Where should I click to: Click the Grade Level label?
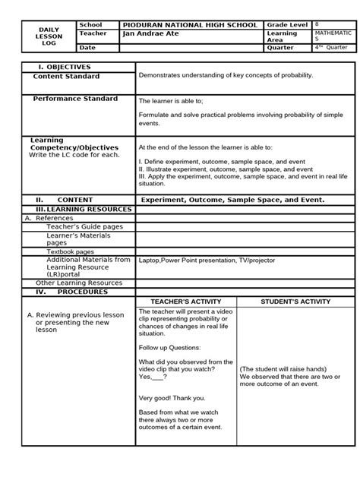(x=286, y=25)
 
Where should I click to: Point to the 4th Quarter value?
(x=332, y=47)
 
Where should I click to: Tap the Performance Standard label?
(x=75, y=99)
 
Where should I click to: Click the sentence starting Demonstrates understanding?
(x=225, y=76)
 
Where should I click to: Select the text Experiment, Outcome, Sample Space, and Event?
(x=232, y=200)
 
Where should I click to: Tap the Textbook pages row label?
(x=71, y=251)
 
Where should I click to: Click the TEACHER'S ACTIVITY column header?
(x=185, y=302)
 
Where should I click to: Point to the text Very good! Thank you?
(x=172, y=397)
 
